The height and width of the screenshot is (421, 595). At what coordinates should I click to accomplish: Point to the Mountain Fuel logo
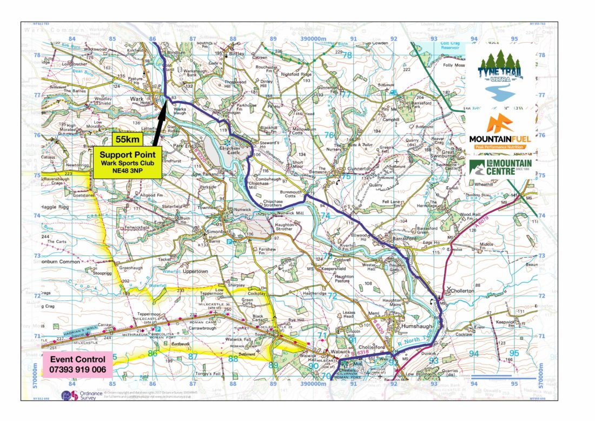pos(500,132)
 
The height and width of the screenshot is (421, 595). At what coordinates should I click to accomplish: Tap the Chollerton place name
pos(461,291)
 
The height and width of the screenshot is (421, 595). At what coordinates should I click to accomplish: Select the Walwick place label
pos(341,351)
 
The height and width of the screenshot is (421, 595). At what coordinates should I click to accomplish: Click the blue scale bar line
pos(491,375)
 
